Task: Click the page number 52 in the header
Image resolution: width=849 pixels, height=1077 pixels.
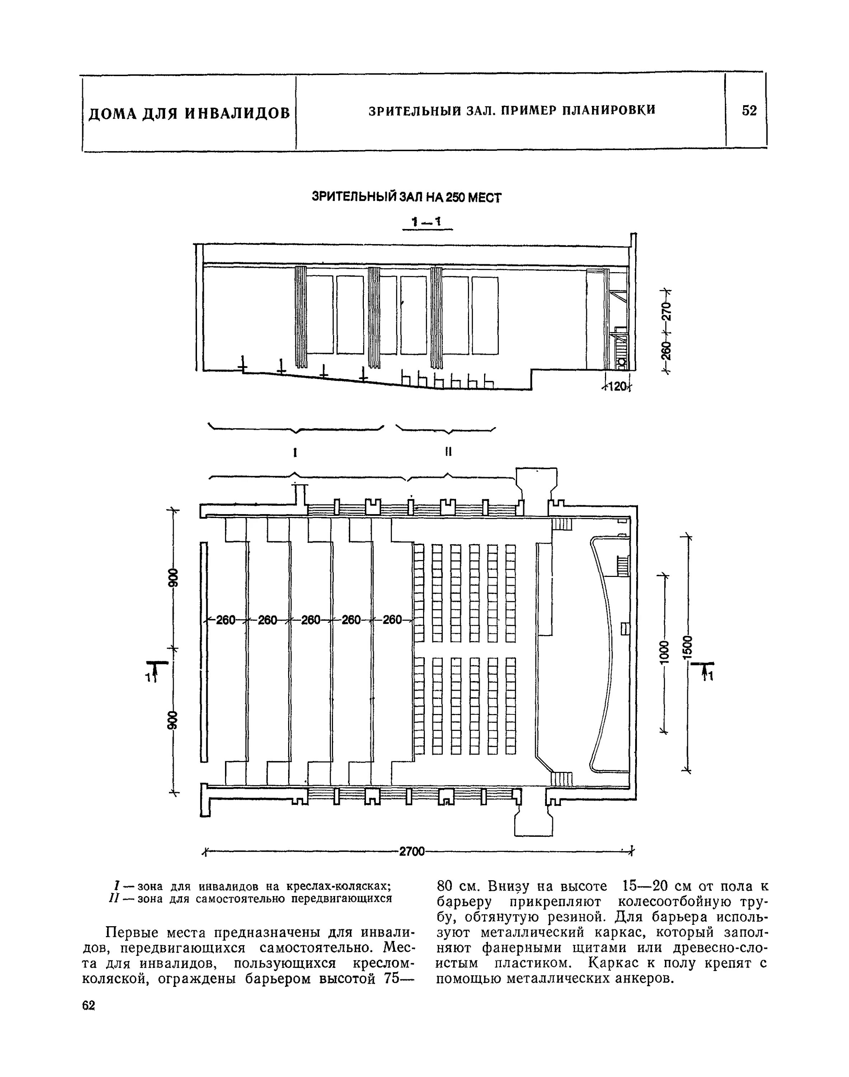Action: coord(749,110)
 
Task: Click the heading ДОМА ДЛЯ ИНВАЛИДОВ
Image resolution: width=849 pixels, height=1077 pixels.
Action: coord(189,113)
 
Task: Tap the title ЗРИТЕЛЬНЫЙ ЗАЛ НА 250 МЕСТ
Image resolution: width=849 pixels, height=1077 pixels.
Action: coord(406,197)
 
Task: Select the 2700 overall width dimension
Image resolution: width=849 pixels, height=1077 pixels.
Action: coord(412,852)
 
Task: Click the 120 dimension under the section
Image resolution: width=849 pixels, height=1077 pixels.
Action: coord(616,386)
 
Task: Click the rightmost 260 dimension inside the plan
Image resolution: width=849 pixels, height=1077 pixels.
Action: coord(392,620)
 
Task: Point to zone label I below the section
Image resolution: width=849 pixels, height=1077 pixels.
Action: coord(295,452)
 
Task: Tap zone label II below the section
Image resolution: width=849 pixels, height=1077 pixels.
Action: coord(448,452)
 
